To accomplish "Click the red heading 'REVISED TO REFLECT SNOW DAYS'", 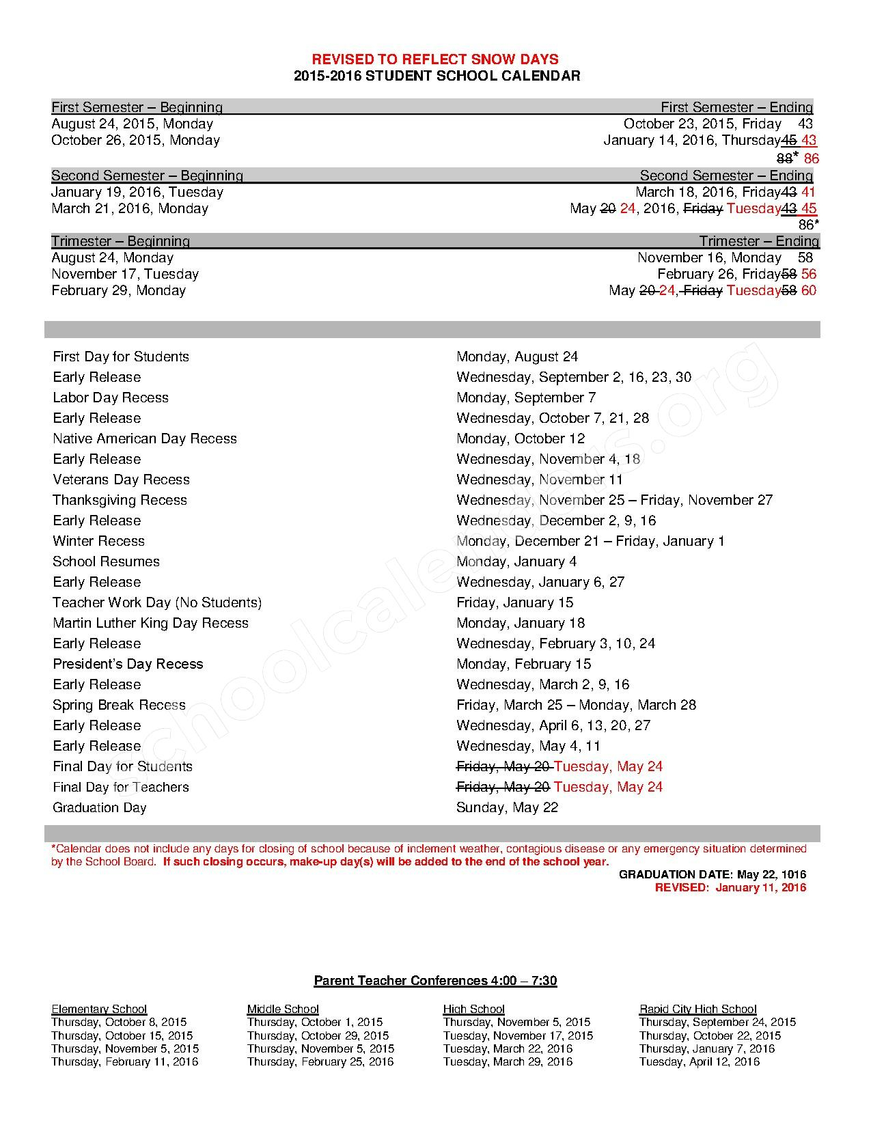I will pyautogui.click(x=435, y=59).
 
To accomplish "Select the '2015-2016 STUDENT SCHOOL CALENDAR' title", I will pyautogui.click(x=437, y=76).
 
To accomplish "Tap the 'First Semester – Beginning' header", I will pyautogui.click(x=137, y=107).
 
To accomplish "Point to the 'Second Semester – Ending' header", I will pyautogui.click(x=726, y=176).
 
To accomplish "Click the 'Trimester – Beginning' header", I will pyautogui.click(x=120, y=241).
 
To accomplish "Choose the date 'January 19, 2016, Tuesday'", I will pyautogui.click(x=137, y=192).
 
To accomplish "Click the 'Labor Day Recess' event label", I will pyautogui.click(x=111, y=398).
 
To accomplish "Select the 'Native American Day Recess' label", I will pyautogui.click(x=145, y=439).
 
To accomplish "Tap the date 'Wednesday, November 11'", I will pyautogui.click(x=540, y=479).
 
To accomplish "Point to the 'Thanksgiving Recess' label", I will pyautogui.click(x=120, y=500).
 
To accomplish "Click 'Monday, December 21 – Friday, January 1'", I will pyautogui.click(x=590, y=541).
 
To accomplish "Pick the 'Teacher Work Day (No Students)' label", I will pyautogui.click(x=157, y=602).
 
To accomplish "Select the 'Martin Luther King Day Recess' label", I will pyautogui.click(x=150, y=623).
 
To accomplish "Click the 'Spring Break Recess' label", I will pyautogui.click(x=119, y=705).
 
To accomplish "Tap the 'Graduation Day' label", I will pyautogui.click(x=100, y=807).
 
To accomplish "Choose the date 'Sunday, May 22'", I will pyautogui.click(x=507, y=807).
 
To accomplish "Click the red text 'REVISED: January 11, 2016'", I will pyautogui.click(x=730, y=887).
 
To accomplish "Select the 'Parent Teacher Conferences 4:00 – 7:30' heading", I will pyautogui.click(x=435, y=981).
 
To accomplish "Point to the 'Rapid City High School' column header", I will pyautogui.click(x=697, y=1009).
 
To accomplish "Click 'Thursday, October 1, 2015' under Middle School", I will pyautogui.click(x=315, y=1022).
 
